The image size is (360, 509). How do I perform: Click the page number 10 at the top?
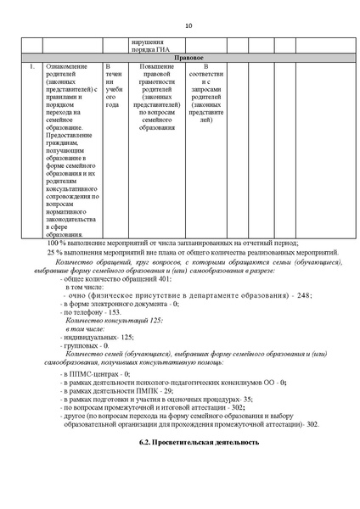(188, 25)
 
